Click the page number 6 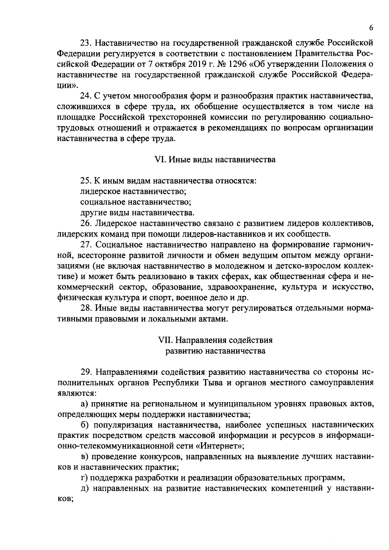(371, 28)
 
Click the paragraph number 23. (85, 43)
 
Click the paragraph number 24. (85, 96)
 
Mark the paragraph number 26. (85, 223)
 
